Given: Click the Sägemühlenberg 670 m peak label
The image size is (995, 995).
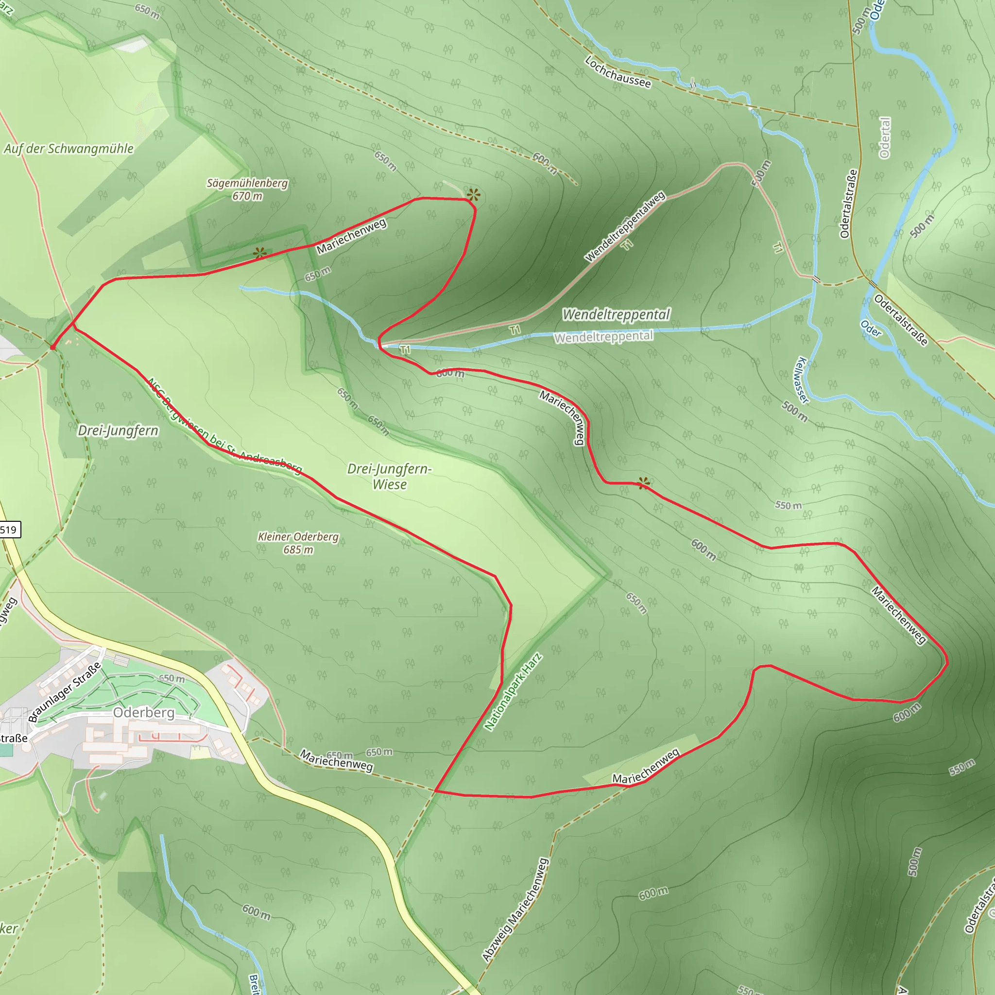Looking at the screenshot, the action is (x=247, y=189).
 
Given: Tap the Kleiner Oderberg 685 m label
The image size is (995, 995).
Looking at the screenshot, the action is (x=298, y=543).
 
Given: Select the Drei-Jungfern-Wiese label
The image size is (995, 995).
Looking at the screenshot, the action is (x=389, y=477).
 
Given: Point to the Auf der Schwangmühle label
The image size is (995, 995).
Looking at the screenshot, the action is (x=69, y=149).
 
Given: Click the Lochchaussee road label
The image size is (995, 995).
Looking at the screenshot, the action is (x=618, y=72).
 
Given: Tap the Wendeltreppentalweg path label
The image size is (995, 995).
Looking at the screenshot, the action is (x=625, y=226).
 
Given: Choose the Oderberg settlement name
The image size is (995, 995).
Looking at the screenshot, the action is (x=144, y=712).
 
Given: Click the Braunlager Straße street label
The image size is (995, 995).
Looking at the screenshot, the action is (x=65, y=693).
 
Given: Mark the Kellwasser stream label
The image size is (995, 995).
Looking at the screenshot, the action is (x=802, y=380).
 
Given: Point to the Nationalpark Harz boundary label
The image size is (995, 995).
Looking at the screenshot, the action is (x=513, y=692).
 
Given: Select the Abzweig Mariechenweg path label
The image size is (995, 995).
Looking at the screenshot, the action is (x=515, y=909).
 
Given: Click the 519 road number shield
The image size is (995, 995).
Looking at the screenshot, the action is (x=9, y=530).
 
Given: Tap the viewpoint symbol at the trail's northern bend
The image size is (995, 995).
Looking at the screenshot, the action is (x=473, y=195).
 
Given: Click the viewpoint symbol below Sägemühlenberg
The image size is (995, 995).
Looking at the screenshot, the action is (x=260, y=253).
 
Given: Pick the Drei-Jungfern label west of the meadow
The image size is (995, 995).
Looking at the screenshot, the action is (x=118, y=430).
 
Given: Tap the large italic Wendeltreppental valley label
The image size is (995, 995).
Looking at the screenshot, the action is (x=616, y=314).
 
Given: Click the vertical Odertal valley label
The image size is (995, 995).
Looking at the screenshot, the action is (x=885, y=138).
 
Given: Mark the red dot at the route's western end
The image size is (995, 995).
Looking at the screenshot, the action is (x=52, y=348).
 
